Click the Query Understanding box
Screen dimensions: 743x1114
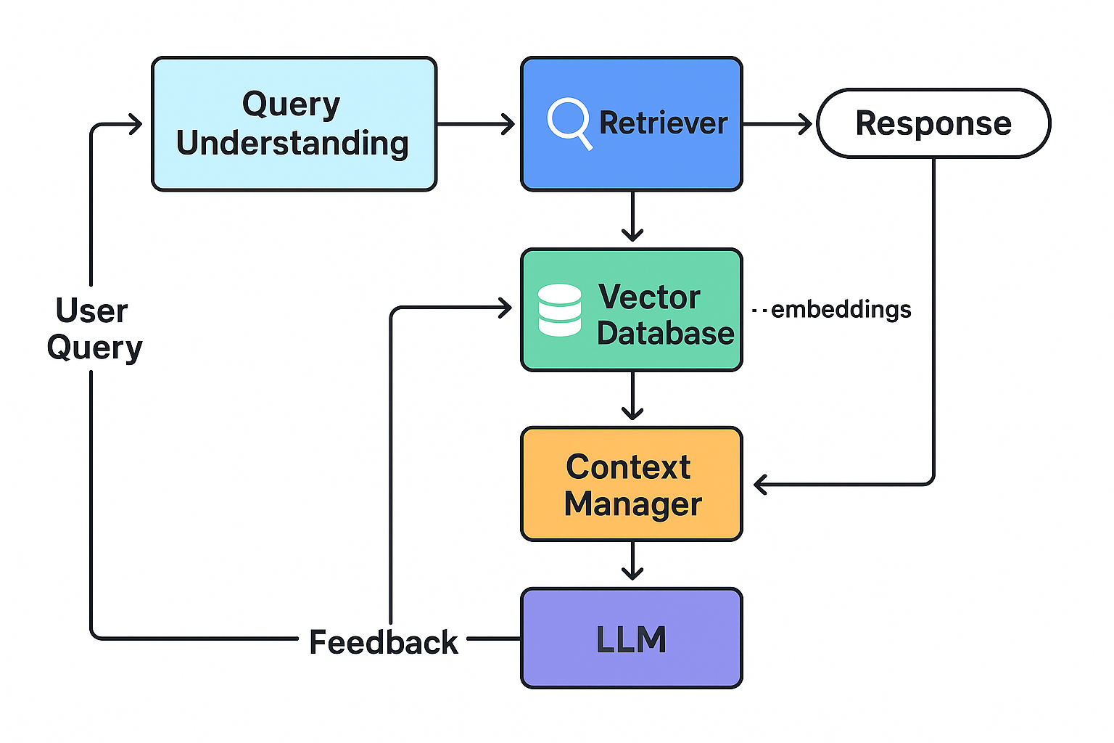coord(294,124)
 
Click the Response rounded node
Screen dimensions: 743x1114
coord(933,123)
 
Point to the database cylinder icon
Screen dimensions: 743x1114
coord(559,310)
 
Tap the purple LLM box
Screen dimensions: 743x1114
coord(631,639)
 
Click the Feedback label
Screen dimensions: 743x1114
coord(383,642)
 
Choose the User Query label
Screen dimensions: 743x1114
coord(94,329)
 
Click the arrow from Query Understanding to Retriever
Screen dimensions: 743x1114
coord(475,124)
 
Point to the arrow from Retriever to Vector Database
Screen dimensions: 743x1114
coord(632,215)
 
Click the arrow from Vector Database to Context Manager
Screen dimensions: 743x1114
coord(632,395)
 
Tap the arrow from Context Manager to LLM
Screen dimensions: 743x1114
coord(632,561)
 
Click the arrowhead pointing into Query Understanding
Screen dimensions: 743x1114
coord(136,124)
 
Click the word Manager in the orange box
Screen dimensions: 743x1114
coord(632,504)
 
